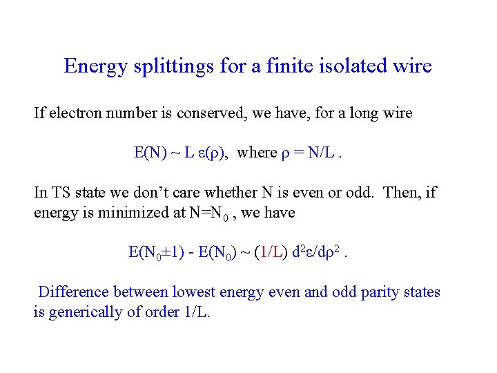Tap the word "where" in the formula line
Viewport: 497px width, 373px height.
(257, 153)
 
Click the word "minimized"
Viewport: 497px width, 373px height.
(127, 213)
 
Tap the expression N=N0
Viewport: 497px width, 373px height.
(211, 213)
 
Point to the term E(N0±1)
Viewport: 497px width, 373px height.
(158, 253)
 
